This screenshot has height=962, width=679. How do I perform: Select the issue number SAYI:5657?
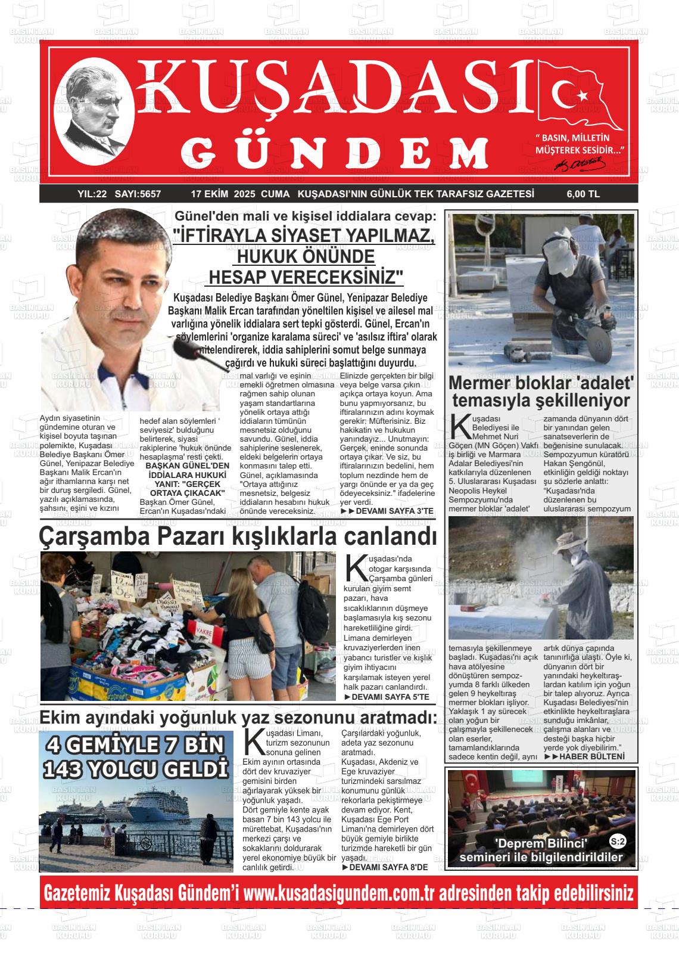point(138,194)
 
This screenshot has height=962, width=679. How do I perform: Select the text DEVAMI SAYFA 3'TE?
point(391,511)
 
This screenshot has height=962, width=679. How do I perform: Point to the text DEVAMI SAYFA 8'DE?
point(388,867)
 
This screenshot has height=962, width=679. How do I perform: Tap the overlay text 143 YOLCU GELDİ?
point(136,767)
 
